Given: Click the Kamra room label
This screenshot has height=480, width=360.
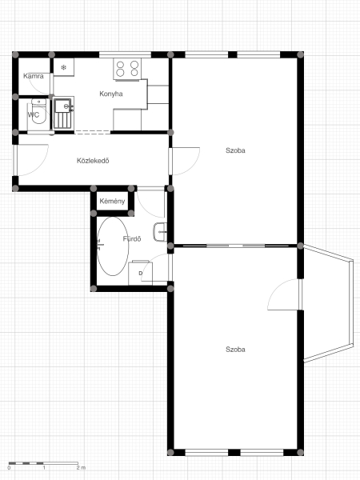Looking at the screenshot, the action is click(34, 76).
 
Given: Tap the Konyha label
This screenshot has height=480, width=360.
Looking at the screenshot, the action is click(111, 94).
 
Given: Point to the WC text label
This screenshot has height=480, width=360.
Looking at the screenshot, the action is click(34, 114).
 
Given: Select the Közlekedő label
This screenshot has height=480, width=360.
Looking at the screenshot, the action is click(93, 161).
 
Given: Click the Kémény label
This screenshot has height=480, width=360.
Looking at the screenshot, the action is click(112, 202).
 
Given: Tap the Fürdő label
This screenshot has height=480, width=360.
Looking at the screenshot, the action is click(132, 238).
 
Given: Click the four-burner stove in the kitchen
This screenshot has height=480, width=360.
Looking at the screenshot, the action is click(127, 69).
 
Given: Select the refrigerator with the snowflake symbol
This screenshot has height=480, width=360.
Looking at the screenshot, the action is click(64, 67).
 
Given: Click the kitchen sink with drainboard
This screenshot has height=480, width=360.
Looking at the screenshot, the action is click(64, 113).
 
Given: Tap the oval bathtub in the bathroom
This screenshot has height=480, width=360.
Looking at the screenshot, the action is click(113, 246).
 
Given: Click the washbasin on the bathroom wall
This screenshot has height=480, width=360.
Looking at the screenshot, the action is click(160, 232).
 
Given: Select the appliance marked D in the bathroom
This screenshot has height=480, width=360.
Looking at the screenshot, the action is click(140, 273).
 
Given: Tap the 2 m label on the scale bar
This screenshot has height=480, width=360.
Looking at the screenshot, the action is click(81, 468).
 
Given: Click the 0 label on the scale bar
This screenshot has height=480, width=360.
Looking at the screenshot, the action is click(9, 468).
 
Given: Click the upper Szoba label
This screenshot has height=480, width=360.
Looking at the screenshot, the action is click(235, 150).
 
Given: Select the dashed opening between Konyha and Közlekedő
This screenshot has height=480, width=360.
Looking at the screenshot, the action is click(92, 132).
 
